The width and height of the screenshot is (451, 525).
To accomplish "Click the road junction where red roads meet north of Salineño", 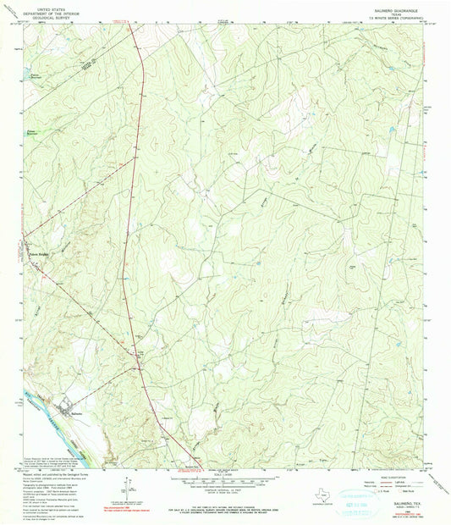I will [x=139, y=366].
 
